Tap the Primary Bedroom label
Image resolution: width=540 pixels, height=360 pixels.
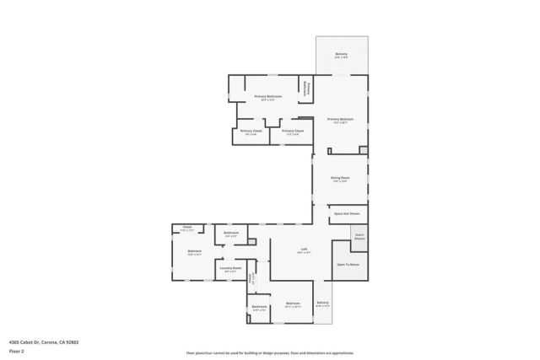coord(340,120)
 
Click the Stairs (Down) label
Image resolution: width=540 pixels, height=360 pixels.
coord(359,237)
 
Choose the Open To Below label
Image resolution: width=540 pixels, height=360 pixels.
coord(348,265)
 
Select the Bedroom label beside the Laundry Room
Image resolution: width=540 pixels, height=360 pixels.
coord(195,252)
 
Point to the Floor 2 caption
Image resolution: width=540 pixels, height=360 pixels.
coord(16,351)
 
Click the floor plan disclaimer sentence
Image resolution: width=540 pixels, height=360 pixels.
coord(270,352)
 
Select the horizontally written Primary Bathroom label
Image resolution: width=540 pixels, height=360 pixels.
coord(268,97)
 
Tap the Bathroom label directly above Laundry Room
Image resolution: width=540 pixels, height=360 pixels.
coord(230,234)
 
